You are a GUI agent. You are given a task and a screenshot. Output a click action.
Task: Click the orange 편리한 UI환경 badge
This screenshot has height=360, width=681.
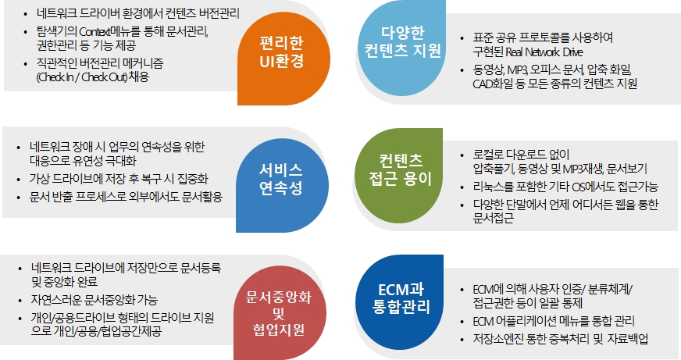(x=283, y=59)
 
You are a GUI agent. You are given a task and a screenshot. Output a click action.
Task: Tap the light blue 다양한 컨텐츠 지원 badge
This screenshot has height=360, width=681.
(x=402, y=47)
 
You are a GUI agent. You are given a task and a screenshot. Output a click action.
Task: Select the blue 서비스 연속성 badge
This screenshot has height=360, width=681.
(x=282, y=186)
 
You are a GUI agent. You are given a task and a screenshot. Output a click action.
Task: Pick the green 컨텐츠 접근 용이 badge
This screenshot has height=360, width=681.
(x=399, y=176)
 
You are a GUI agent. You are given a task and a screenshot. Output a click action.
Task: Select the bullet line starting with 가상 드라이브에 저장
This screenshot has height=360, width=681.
(x=119, y=179)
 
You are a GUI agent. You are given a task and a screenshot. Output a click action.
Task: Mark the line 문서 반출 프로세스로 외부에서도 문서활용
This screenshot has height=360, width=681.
(x=126, y=197)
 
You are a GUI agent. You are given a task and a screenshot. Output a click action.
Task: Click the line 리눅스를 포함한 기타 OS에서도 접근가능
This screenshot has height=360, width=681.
(x=565, y=187)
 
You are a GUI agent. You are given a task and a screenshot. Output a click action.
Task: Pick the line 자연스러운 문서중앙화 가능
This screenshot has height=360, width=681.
(x=94, y=300)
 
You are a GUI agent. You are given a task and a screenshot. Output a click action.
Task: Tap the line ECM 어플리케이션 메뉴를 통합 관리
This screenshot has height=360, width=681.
(x=554, y=322)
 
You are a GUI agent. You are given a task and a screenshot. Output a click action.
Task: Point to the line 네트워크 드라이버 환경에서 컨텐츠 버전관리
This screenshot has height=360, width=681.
(x=138, y=13)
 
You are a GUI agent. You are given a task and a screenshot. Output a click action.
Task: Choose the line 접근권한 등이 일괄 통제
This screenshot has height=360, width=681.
(x=528, y=303)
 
